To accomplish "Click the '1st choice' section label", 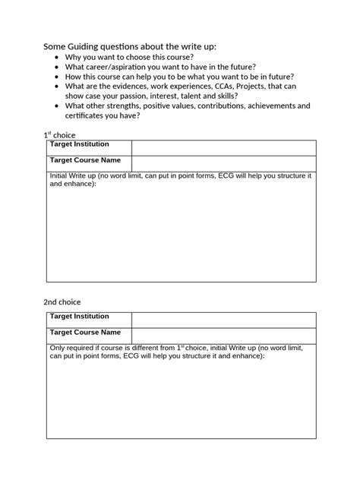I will tap(60, 134).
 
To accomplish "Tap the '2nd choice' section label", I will tap(62, 302).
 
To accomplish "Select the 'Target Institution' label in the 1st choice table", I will tap(79, 144).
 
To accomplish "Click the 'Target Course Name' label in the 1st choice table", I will tap(85, 161).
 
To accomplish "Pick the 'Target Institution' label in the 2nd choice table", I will tap(79, 316).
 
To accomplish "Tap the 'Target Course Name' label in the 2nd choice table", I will tap(85, 333).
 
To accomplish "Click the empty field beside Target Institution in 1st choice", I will tap(223, 147).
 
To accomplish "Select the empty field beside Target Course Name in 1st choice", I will tap(223, 163).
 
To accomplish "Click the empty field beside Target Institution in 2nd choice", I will tap(223, 319).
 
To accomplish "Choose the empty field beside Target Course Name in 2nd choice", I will tap(223, 335).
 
